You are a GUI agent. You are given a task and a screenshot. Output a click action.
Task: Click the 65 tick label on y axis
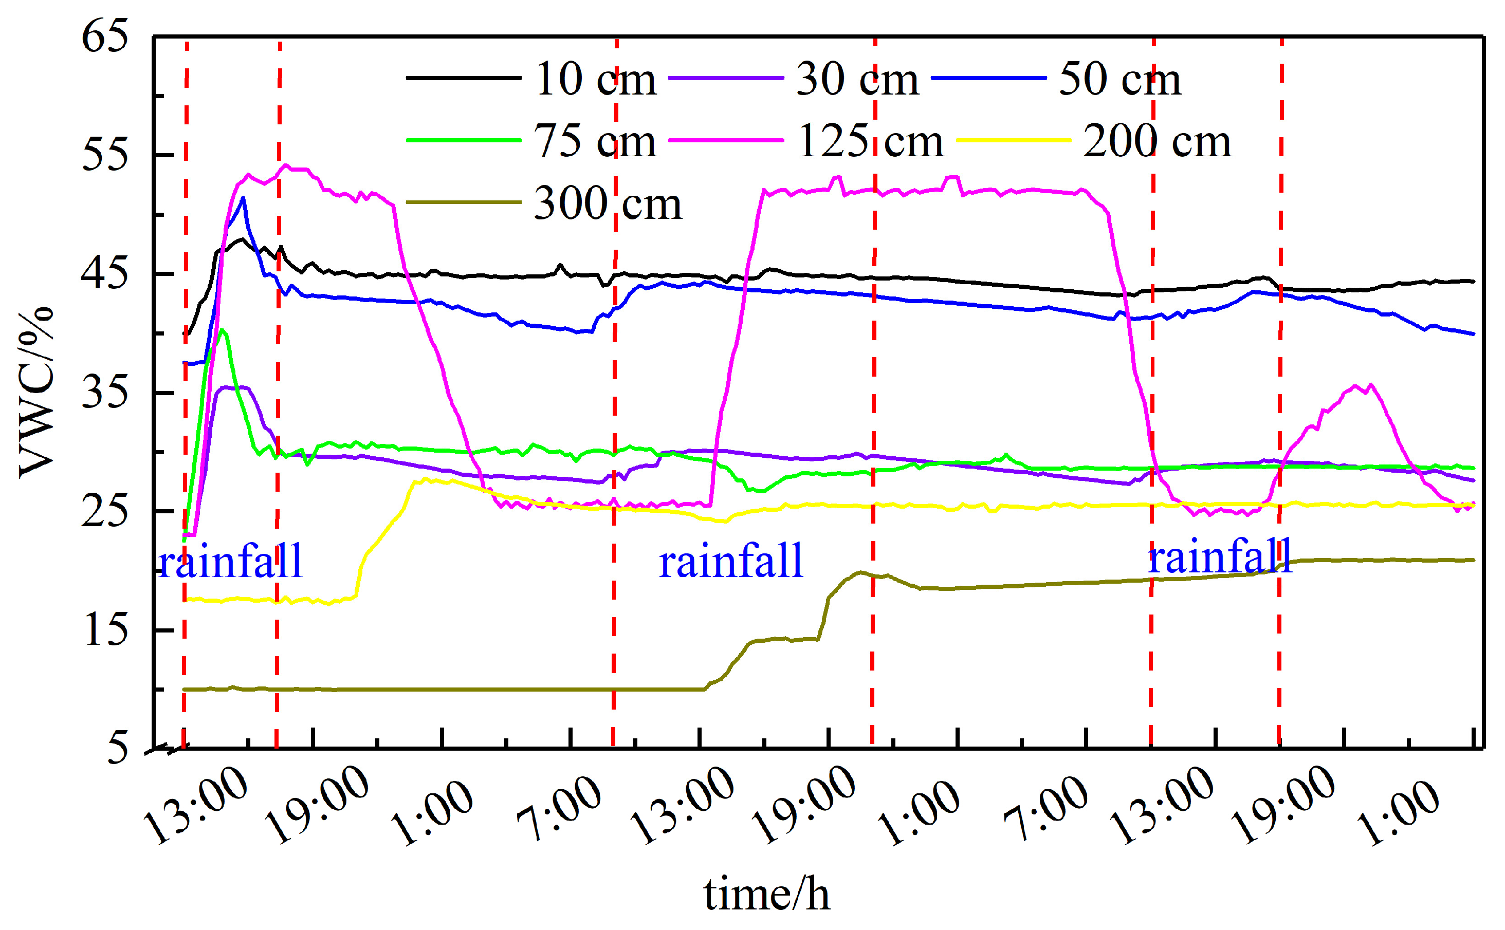point(104,35)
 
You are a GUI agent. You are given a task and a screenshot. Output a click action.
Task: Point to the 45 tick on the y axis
point(104,274)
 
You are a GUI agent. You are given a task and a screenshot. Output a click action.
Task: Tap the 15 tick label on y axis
point(104,630)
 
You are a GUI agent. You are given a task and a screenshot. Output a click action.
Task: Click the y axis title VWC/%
point(35,393)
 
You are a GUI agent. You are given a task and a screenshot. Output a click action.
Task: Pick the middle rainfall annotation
point(731,561)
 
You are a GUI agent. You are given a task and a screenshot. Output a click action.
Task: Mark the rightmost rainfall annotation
point(1220,556)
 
